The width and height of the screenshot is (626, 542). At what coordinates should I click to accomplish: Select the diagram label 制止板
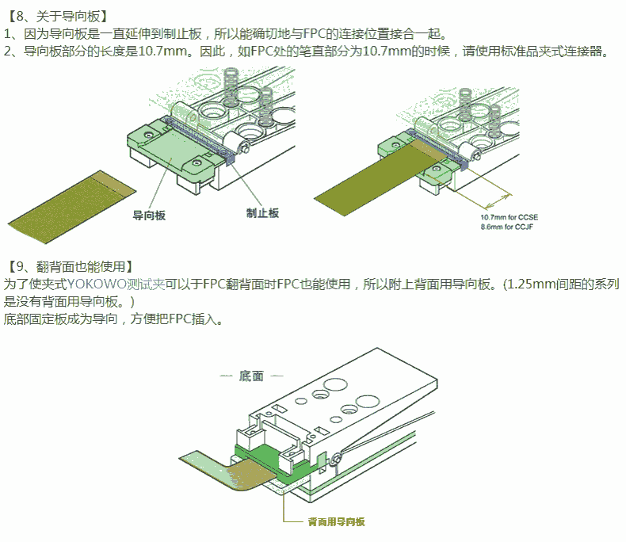click(263, 213)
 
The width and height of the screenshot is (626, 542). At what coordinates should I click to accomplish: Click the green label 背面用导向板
click(337, 521)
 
